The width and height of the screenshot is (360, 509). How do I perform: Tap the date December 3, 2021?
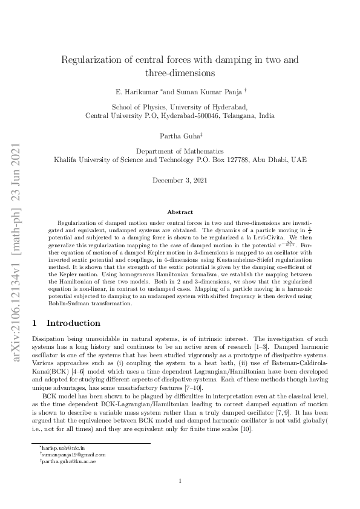180,180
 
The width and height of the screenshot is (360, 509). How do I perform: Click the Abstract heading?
180,212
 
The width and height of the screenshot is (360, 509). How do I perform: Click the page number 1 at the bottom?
180,481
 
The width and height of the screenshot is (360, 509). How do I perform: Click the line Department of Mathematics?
180,151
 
